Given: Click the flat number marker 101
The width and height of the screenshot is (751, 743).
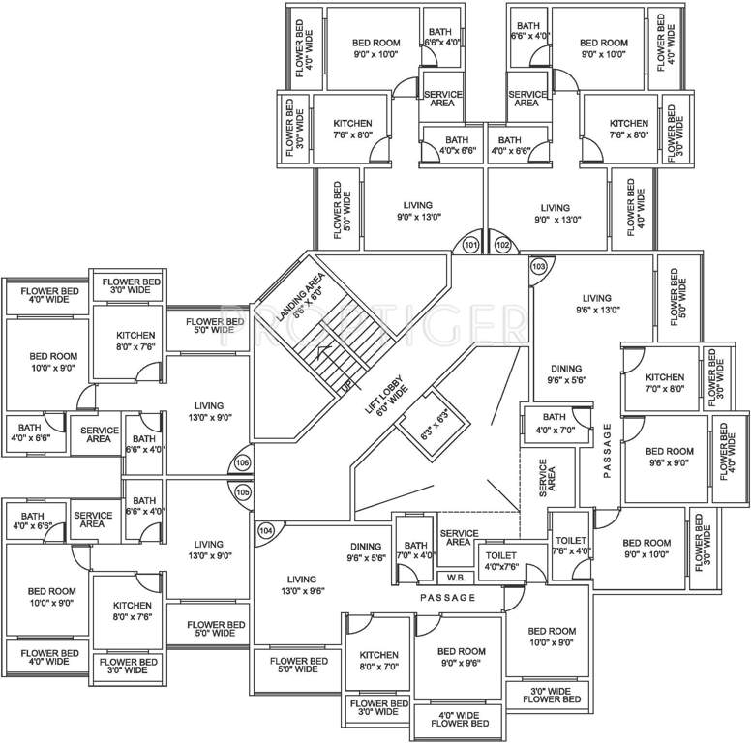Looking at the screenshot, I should click(x=470, y=246).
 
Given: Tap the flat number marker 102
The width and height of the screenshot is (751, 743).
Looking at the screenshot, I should click(x=502, y=246).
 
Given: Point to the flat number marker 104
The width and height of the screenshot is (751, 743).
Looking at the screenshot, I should click(x=265, y=530).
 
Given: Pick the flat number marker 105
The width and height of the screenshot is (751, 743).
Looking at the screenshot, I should click(x=243, y=492).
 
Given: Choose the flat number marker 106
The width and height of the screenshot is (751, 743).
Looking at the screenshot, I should click(x=243, y=463).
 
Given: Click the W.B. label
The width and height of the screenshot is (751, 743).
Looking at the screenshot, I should click(x=453, y=577).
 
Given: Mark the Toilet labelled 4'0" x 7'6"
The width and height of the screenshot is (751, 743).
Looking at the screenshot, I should click(x=502, y=561).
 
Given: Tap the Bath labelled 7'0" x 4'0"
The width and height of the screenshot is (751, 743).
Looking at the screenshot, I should click(x=416, y=550).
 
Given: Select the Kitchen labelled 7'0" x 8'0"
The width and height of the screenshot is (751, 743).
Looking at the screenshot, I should click(x=665, y=383).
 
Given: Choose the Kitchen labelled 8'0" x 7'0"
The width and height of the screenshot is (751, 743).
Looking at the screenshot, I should click(x=378, y=661).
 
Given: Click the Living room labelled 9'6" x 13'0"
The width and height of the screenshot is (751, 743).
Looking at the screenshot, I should click(x=597, y=304).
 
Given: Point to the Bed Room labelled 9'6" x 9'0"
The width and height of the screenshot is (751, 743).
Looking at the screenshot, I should click(x=670, y=457).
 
